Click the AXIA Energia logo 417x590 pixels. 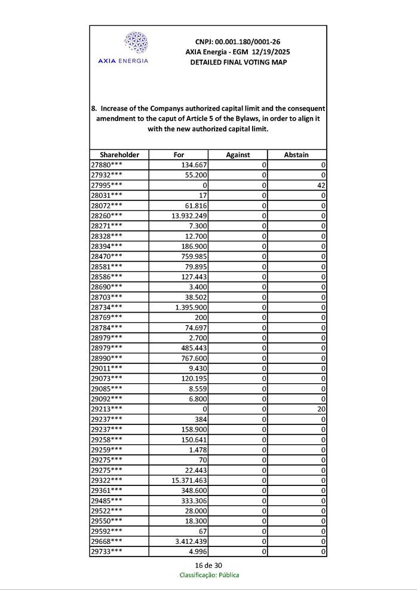click(x=122, y=47)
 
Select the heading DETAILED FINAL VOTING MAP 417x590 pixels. click(x=238, y=62)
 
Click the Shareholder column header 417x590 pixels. click(x=119, y=155)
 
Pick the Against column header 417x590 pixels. click(x=238, y=155)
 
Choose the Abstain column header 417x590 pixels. click(x=296, y=155)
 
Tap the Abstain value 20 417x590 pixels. click(x=321, y=409)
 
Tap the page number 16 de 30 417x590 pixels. click(x=208, y=565)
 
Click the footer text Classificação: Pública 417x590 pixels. click(x=209, y=575)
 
